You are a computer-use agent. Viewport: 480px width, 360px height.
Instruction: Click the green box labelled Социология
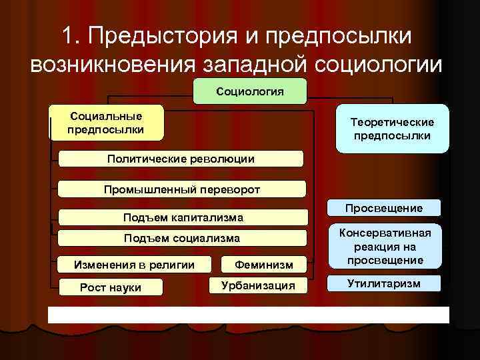point(250,91)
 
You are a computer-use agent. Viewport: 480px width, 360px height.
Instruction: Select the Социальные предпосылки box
point(106,123)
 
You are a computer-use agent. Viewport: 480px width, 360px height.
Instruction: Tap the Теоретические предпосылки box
point(392,129)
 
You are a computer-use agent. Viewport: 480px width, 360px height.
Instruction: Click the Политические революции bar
point(181,159)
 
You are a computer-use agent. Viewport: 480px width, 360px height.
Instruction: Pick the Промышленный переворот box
point(182,189)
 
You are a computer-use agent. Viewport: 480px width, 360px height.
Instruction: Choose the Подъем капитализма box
point(183,217)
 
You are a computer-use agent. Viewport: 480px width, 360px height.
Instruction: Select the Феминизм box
point(263,265)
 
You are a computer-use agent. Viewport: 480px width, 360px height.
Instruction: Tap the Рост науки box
point(111,287)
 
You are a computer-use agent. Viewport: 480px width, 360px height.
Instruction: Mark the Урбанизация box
point(258,286)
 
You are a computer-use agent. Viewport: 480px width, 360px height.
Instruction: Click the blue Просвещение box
point(383,208)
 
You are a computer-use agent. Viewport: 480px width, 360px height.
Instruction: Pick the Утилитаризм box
point(383,283)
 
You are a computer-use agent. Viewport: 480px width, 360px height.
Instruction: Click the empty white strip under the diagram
point(248,315)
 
